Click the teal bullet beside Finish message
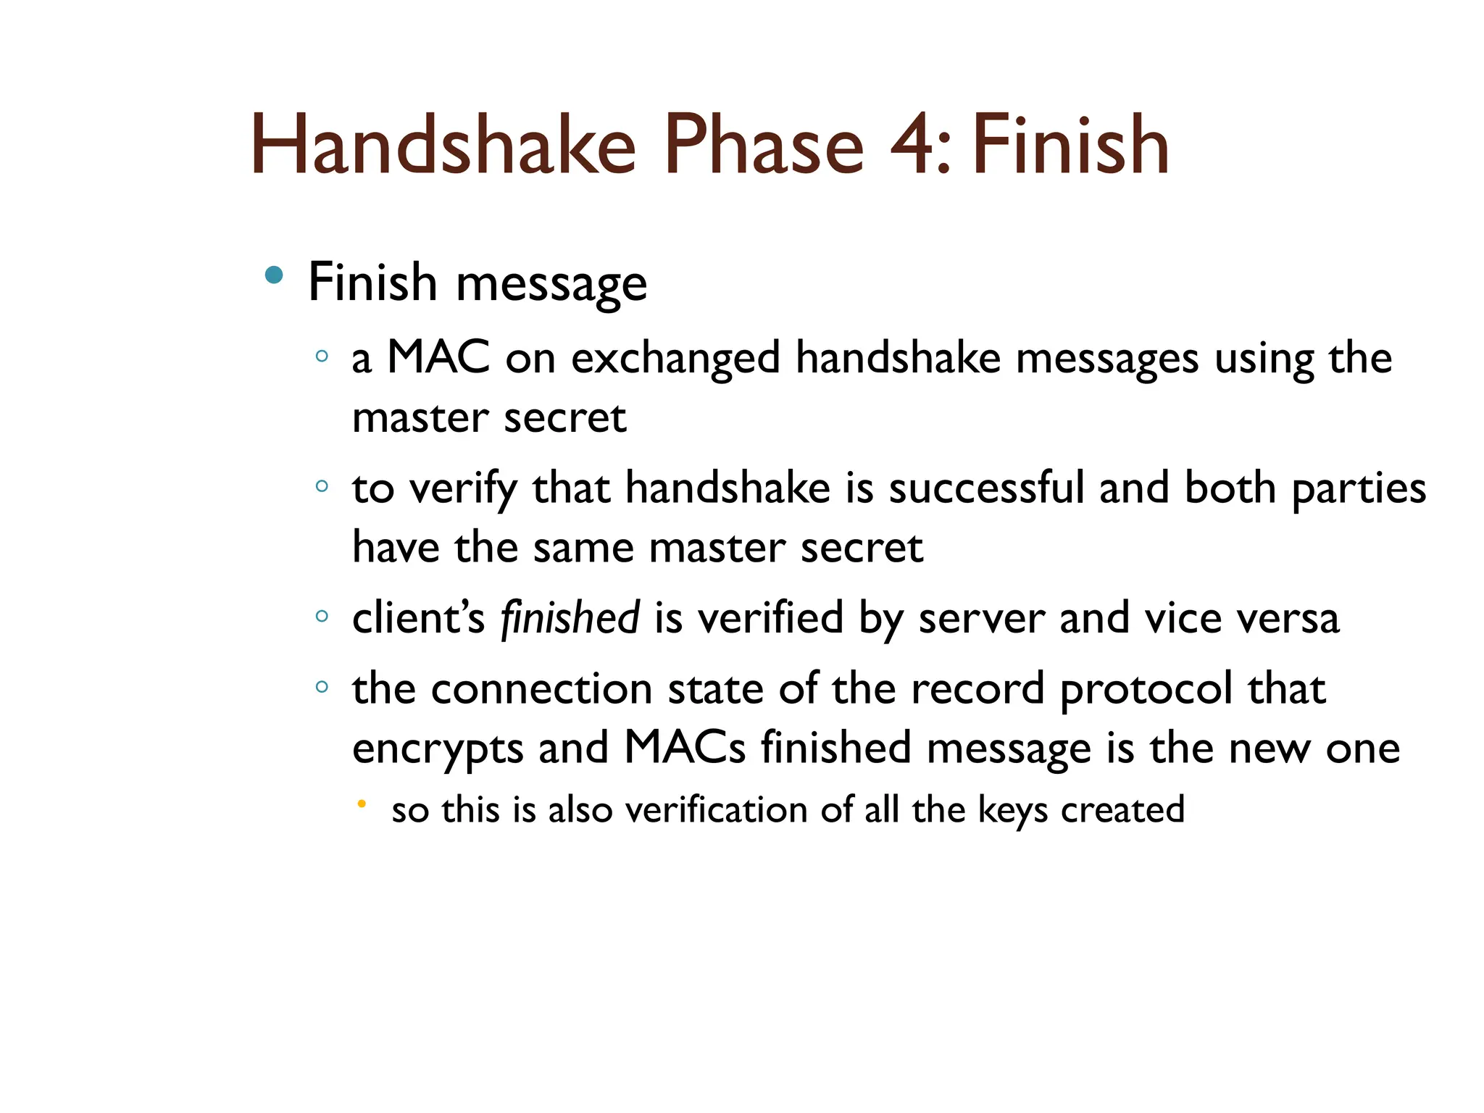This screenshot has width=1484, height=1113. click(274, 275)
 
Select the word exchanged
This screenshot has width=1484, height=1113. click(675, 359)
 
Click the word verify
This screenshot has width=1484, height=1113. click(464, 489)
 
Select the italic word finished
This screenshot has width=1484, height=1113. click(570, 618)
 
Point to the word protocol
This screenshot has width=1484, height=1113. click(1146, 690)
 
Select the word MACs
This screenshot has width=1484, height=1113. click(684, 748)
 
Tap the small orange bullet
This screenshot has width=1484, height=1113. click(362, 803)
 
